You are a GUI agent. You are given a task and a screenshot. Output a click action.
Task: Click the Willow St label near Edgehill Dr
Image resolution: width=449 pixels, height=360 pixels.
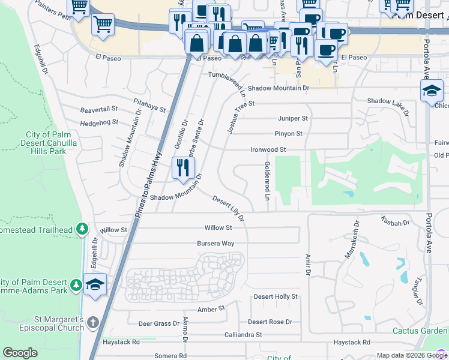point(114,230)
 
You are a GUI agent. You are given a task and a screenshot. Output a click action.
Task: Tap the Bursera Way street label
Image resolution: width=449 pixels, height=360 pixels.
point(215,244)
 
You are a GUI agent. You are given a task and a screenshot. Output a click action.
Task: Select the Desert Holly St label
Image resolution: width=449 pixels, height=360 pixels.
point(276,297)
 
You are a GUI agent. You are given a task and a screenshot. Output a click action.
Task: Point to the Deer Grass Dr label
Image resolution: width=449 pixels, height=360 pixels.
point(158,323)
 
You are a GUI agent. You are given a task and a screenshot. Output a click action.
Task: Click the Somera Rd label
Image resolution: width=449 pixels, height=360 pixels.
point(166,356)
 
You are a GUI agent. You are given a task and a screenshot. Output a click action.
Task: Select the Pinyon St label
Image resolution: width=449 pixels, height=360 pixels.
point(288,133)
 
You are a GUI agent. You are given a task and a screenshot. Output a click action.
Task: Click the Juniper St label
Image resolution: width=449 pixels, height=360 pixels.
point(292,118)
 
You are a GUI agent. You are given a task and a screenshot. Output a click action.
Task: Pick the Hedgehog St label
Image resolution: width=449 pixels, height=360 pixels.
point(99,122)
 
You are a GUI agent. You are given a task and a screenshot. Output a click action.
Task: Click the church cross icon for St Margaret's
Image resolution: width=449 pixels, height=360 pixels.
point(93,323)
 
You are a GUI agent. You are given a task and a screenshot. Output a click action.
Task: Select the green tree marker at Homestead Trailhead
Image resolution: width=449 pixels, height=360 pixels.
point(83,229)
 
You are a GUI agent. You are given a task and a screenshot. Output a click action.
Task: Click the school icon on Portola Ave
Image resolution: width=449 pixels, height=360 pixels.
point(432,91)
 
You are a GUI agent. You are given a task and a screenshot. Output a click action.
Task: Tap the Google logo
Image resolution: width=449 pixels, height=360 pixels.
point(20,353)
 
